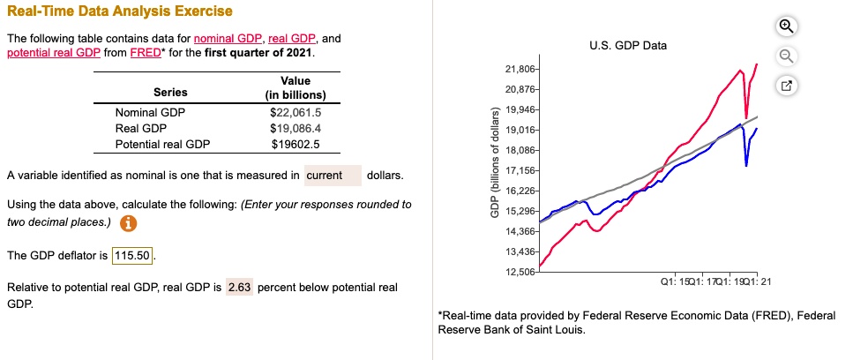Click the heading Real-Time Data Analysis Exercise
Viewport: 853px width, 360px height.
coord(120,11)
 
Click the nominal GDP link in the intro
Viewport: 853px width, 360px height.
coord(224,40)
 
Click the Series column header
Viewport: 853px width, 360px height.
coord(170,93)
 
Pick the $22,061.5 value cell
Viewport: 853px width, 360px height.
coord(296,112)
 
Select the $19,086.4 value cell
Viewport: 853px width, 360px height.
coord(296,128)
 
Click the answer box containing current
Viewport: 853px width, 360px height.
coord(333,176)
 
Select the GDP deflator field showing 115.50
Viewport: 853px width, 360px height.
coord(134,256)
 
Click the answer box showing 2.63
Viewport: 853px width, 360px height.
coord(239,288)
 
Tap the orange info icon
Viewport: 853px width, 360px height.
coord(128,222)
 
